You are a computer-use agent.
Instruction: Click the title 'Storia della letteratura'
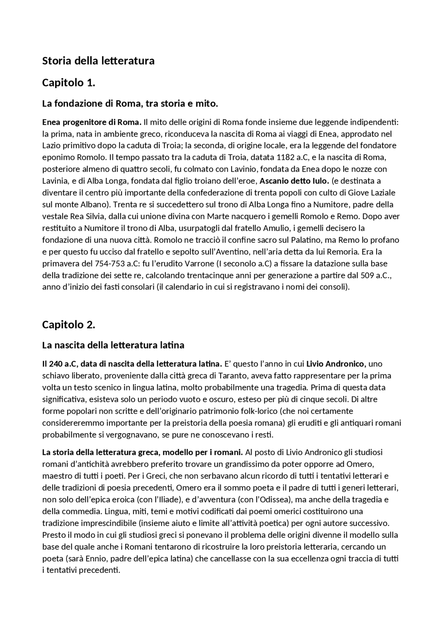[98, 61]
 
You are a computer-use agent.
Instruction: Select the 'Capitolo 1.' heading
[68, 83]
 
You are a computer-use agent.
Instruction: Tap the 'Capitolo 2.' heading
[68, 325]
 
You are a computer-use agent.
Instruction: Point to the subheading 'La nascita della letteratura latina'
[113, 345]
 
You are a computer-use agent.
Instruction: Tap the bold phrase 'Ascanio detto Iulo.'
[294, 181]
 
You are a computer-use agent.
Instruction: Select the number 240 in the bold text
[55, 364]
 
